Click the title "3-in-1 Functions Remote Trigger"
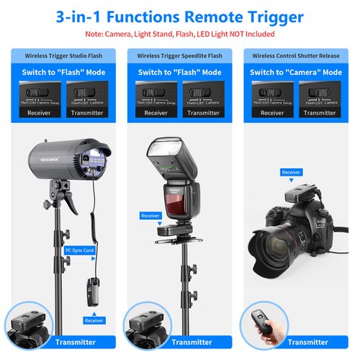pyautogui.click(x=179, y=17)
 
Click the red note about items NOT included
pyautogui.click(x=179, y=34)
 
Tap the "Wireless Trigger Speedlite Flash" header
pyautogui.click(x=180, y=55)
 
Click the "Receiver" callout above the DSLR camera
pyautogui.click(x=291, y=172)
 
